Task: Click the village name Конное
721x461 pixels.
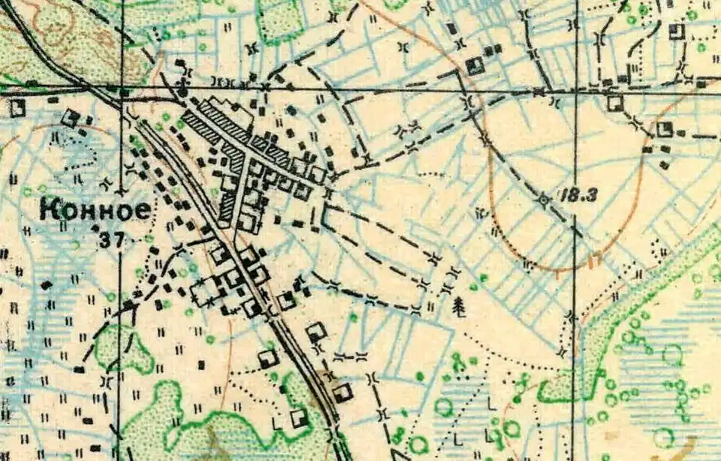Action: [94, 210]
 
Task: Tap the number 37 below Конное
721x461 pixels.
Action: [110, 240]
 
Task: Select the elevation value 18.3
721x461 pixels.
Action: [578, 195]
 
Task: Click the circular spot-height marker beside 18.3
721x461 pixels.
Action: [543, 200]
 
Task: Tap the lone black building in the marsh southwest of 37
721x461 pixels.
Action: [47, 285]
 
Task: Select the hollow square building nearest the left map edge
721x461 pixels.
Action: [17, 107]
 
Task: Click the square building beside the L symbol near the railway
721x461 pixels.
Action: [299, 417]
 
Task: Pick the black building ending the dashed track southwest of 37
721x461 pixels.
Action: [79, 369]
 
